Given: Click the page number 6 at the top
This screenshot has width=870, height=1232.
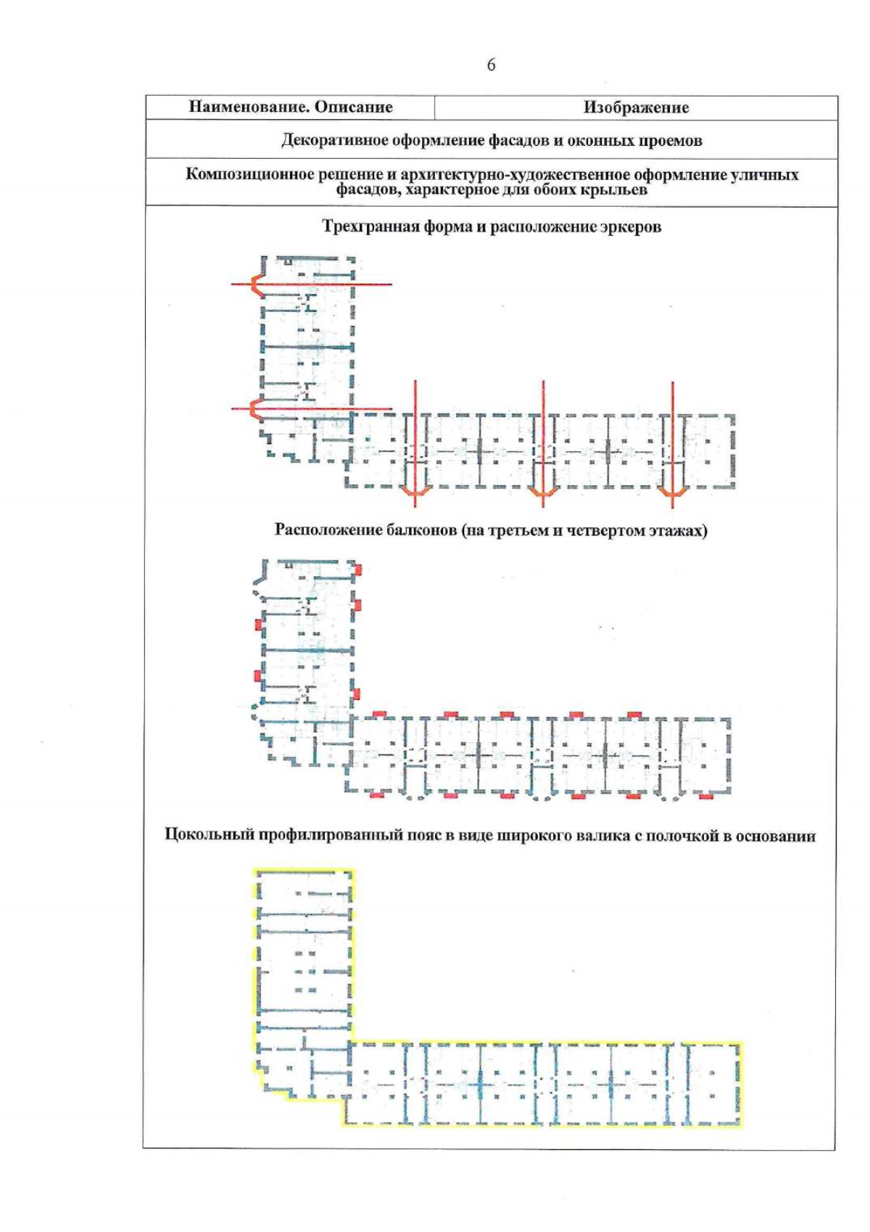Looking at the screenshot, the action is pyautogui.click(x=491, y=65).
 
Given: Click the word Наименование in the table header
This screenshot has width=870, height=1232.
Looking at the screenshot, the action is pyautogui.click(x=239, y=107).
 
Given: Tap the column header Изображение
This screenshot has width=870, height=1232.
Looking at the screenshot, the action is pyautogui.click(x=636, y=107).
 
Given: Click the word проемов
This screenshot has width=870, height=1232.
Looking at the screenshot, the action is pyautogui.click(x=671, y=140).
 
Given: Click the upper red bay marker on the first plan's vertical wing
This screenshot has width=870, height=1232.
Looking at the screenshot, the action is pyautogui.click(x=256, y=284).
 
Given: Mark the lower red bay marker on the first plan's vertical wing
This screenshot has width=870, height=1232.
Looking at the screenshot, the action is pyautogui.click(x=254, y=409).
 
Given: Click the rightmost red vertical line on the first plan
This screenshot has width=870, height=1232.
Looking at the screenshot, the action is pyautogui.click(x=672, y=435).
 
